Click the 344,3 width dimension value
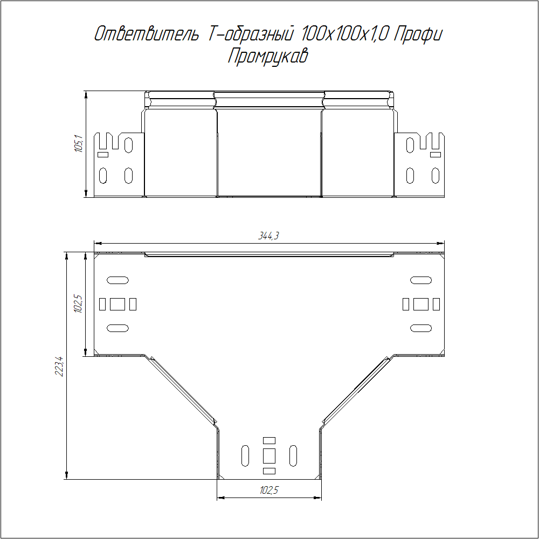click(268, 236)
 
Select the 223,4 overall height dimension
click(59, 367)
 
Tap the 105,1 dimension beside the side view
click(79, 144)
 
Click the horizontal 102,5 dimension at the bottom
click(269, 490)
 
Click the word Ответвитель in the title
click(147, 34)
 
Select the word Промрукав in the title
click(268, 56)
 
